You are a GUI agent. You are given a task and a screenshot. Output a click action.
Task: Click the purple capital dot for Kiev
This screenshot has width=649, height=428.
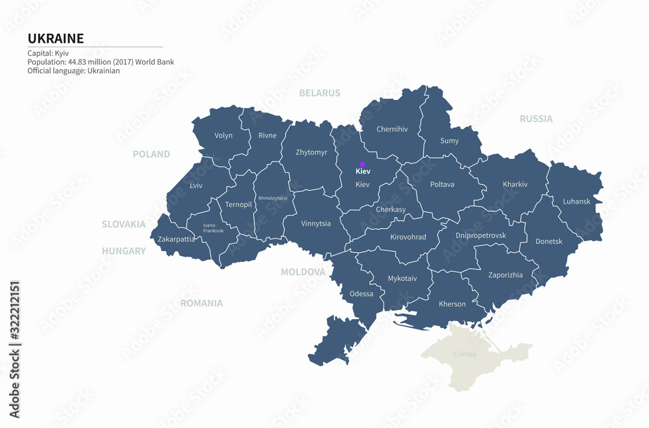(362, 164)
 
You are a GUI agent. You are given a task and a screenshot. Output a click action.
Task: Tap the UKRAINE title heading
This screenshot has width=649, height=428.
(55, 38)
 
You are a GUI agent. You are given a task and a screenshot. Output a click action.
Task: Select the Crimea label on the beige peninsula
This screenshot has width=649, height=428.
(465, 354)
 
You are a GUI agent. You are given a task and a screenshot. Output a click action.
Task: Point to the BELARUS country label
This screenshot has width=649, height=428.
(319, 93)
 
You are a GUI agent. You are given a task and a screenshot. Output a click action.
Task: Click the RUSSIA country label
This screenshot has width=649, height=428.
(536, 119)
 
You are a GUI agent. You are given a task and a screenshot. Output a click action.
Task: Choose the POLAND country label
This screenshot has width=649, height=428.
(151, 154)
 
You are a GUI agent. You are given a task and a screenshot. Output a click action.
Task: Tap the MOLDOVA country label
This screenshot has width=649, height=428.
(302, 272)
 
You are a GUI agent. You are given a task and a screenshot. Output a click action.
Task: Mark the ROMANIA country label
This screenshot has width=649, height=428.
(201, 303)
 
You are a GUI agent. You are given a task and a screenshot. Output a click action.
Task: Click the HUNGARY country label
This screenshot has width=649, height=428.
(123, 251)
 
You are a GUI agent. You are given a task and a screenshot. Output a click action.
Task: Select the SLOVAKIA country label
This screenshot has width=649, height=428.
(123, 224)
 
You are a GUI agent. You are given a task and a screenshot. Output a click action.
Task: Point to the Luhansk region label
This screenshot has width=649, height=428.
(576, 202)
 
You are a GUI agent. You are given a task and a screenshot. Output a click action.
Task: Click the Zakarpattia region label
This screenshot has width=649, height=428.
(176, 239)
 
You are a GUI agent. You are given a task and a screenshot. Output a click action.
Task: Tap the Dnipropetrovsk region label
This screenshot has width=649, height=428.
(480, 235)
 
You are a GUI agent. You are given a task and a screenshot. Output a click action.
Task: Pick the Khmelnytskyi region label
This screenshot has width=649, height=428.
(273, 198)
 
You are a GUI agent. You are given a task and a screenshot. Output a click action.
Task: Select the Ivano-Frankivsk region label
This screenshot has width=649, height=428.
(213, 228)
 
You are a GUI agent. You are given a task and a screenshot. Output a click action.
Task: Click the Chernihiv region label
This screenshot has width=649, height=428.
(392, 129)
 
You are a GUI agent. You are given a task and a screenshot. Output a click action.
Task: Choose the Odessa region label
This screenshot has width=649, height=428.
(361, 294)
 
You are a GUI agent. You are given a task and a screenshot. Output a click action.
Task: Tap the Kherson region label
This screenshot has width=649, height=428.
(452, 304)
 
